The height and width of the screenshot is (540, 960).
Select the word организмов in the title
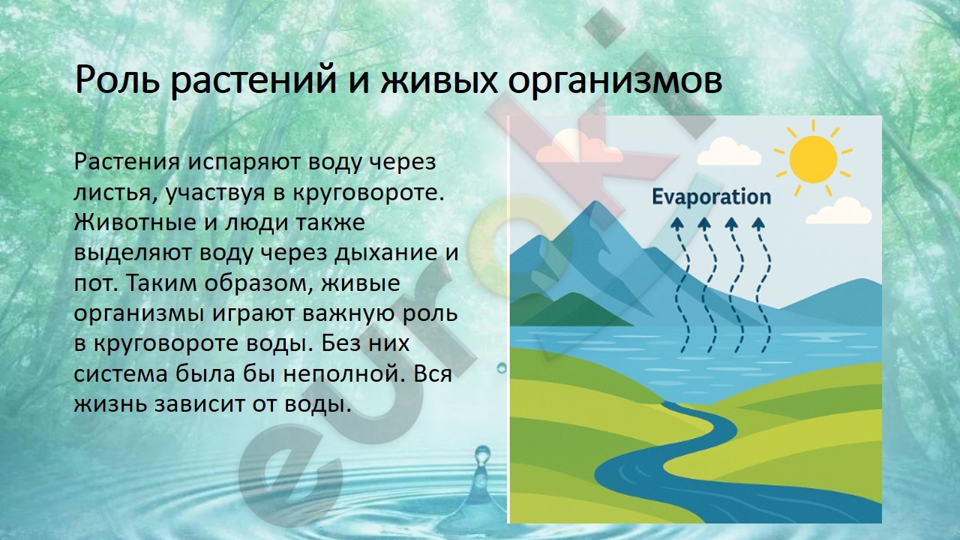[x=614, y=82]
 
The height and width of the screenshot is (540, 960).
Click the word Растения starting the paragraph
[x=127, y=163]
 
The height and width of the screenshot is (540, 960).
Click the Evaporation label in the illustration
[x=712, y=197]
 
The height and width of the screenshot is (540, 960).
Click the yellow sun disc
[x=814, y=159]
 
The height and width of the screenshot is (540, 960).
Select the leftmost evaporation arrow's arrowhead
[x=677, y=223]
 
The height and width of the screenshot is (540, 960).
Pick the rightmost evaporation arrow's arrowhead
[x=758, y=223]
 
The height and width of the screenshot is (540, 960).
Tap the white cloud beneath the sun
[x=838, y=211]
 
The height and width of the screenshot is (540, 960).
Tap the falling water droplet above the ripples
[x=482, y=455]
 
